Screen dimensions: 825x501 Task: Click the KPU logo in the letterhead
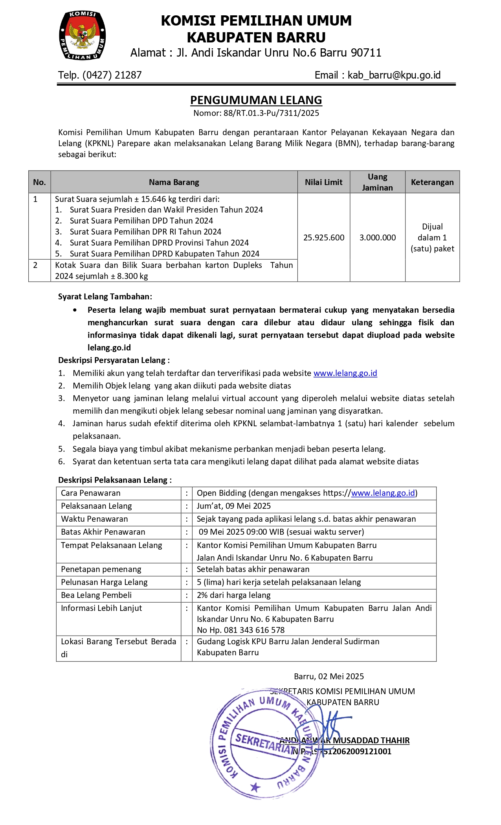click(x=82, y=36)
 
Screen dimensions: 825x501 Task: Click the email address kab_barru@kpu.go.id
click(x=394, y=75)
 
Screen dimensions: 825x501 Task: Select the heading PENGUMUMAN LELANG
click(x=256, y=100)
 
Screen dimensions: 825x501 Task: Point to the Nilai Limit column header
click(x=323, y=182)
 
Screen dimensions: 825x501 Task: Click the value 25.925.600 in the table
click(x=323, y=238)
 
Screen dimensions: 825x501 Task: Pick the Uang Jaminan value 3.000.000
click(x=377, y=238)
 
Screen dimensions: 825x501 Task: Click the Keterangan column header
click(x=432, y=182)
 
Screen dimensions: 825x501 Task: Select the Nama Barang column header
click(x=174, y=182)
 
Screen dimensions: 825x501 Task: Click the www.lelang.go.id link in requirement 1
click(x=345, y=373)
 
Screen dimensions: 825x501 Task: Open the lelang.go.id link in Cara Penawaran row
click(x=383, y=493)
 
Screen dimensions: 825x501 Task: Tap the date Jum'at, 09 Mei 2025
click(x=233, y=506)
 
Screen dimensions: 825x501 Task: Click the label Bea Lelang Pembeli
click(x=96, y=595)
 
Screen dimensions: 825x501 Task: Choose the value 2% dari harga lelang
click(x=233, y=595)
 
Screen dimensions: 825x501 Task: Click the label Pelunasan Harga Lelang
click(x=104, y=582)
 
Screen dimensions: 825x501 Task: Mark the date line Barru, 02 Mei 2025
click(x=328, y=676)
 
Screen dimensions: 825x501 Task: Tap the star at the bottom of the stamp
click(x=255, y=787)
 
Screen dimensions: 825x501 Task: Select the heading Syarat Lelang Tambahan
click(x=105, y=297)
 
